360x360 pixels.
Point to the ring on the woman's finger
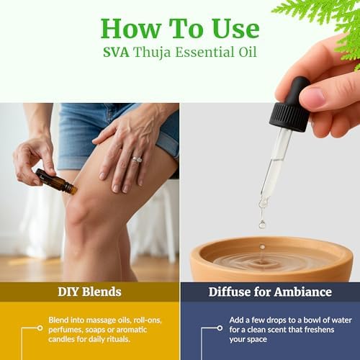[x=137, y=159]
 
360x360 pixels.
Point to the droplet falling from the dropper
[x=263, y=223]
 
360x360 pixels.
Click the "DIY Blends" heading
[x=89, y=292]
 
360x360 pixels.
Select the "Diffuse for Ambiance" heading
[x=269, y=292]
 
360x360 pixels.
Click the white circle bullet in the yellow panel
[x=40, y=328]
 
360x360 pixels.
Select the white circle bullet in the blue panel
[x=220, y=328]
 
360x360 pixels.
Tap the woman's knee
[x=86, y=209]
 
